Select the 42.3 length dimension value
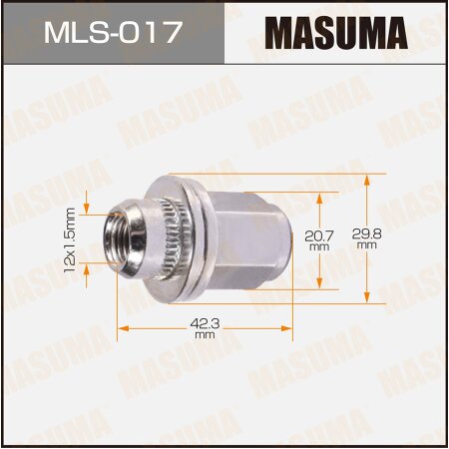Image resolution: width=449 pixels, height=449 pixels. pos(205,322)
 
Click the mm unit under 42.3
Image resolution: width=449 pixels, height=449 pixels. pos(205,335)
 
